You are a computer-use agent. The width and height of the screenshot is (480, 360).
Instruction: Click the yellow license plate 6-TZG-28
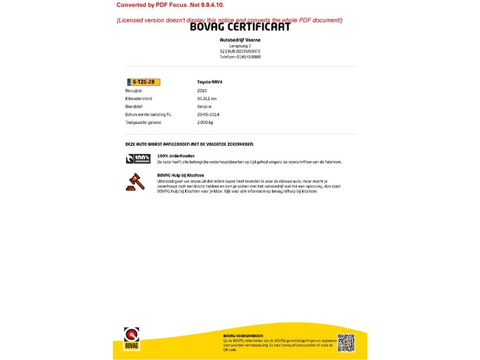coord(143,82)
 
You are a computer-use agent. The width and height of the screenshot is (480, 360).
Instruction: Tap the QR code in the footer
coord(345,342)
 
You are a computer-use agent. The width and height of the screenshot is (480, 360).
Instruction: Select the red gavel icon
coord(133,181)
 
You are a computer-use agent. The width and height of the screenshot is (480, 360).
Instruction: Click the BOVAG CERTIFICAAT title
coord(240,27)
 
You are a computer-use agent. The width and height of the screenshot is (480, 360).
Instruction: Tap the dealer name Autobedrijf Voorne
coord(240,40)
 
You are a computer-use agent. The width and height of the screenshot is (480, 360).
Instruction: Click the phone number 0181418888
coord(240,57)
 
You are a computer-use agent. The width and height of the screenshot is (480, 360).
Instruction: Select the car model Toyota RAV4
coord(210,82)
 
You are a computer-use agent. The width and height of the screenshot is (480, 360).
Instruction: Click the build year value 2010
coord(202,90)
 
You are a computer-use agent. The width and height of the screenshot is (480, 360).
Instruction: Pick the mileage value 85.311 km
coord(207,98)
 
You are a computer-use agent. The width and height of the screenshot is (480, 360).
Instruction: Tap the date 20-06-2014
coord(208,114)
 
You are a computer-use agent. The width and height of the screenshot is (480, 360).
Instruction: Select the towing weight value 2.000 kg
coord(205,122)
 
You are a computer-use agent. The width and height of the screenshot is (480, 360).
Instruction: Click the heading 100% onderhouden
coord(175,155)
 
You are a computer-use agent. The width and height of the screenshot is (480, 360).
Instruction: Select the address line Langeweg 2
coord(240,46)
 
